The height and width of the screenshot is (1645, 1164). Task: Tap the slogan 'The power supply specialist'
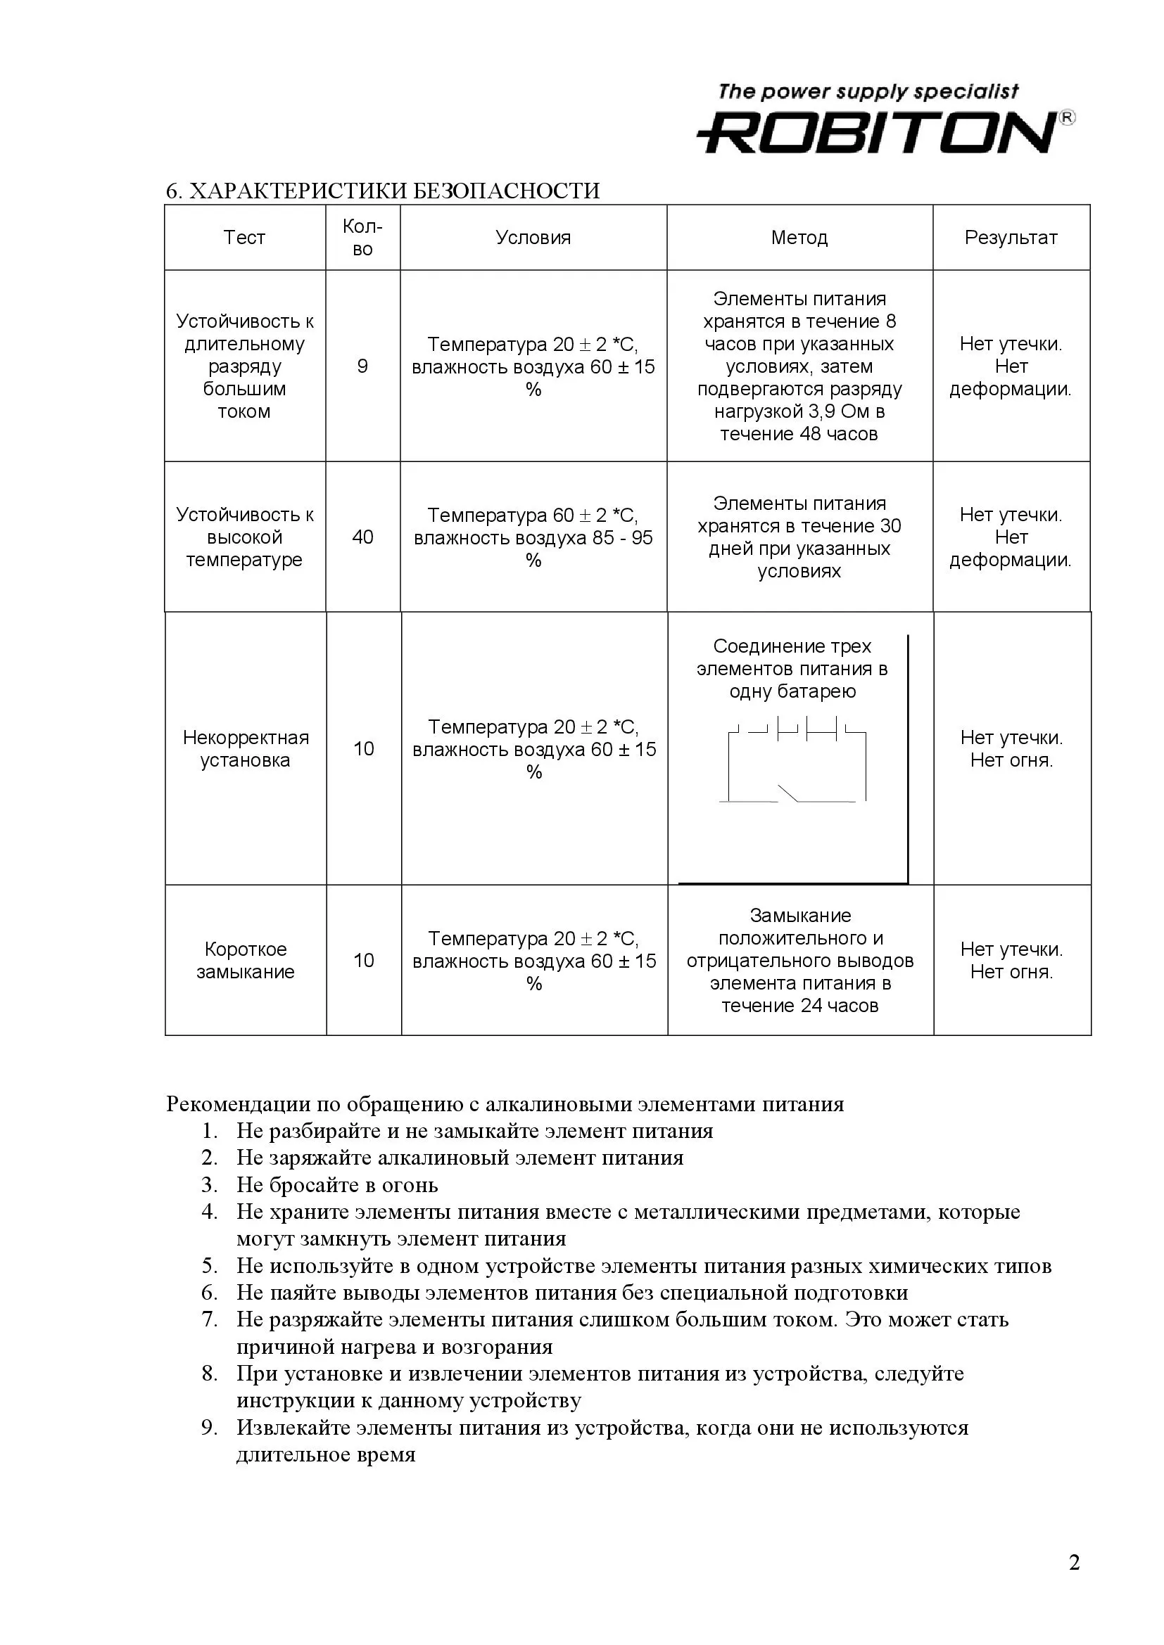868,91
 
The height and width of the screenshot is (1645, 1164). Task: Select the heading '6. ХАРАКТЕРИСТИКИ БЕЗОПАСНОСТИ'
383,191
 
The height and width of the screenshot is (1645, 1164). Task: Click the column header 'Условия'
533,238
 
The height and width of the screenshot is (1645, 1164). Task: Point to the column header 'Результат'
1011,238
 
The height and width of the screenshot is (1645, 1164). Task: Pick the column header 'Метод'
799,238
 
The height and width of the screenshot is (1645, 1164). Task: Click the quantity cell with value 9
362,367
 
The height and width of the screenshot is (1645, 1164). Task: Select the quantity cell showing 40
362,537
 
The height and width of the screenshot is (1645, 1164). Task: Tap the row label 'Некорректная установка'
245,749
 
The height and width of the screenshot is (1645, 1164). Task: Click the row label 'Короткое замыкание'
245,960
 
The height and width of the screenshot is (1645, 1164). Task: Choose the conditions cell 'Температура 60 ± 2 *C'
533,516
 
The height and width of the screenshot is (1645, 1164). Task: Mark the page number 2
1074,1562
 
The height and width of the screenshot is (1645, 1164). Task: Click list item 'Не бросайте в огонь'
337,1185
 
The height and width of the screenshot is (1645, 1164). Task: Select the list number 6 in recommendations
208,1293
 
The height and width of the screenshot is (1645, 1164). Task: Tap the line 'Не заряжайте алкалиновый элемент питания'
460,1158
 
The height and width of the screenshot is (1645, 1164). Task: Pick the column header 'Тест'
244,238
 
